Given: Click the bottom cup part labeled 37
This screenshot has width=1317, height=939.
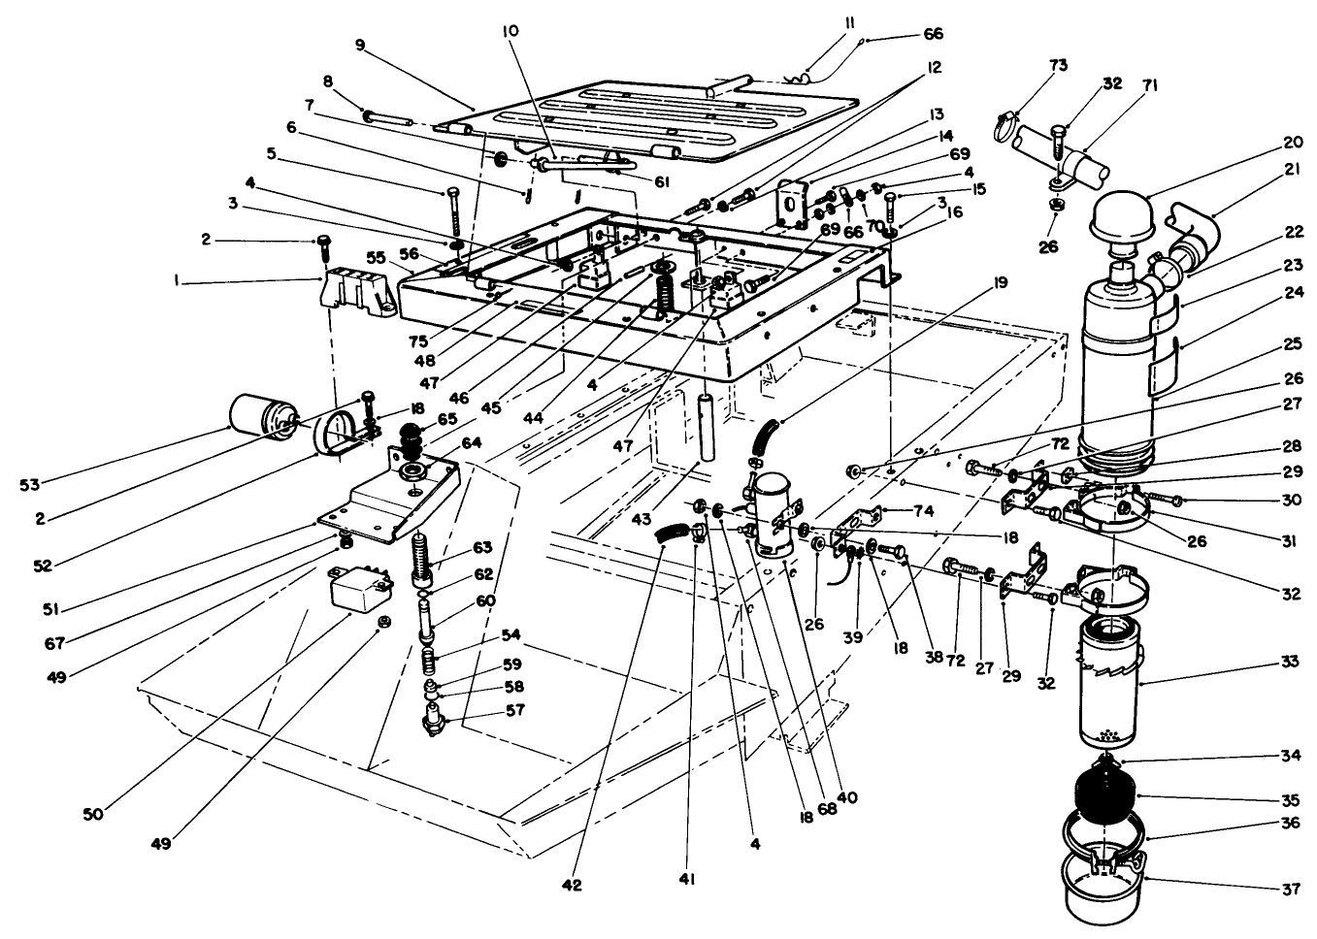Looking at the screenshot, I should (1105, 888).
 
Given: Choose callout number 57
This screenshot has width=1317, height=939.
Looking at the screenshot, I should (514, 710).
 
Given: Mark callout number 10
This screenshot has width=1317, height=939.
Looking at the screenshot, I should (510, 30).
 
